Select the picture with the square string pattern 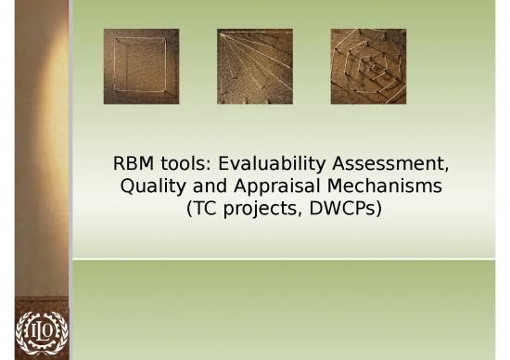(141, 53)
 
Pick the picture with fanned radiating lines (254, 53)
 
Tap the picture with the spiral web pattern (367, 53)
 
